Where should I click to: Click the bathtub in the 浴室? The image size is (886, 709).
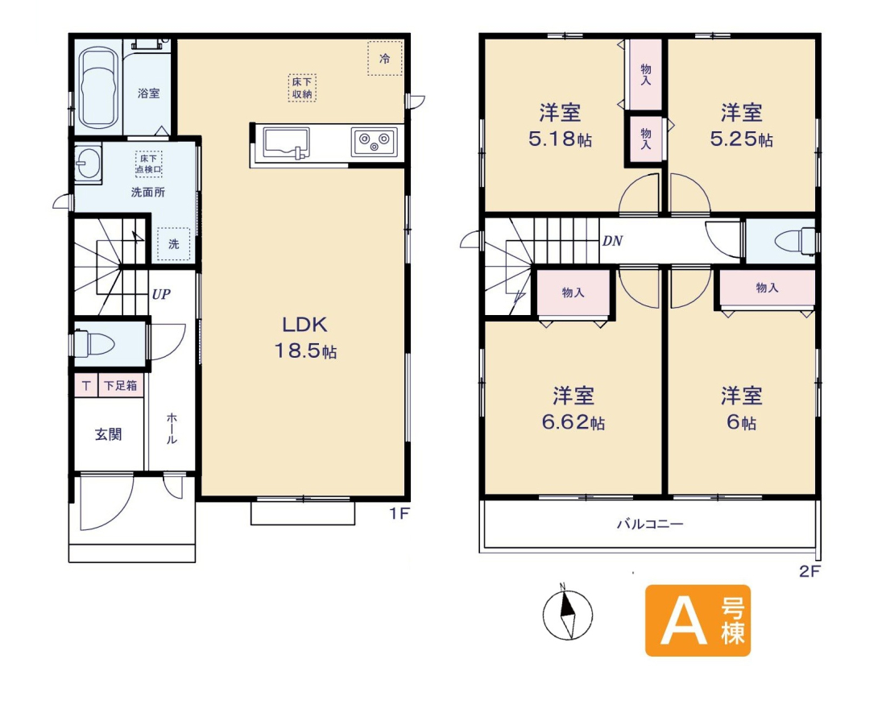[99, 88]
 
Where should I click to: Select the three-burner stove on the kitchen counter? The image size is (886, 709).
[374, 141]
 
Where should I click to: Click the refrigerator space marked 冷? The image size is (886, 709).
[385, 58]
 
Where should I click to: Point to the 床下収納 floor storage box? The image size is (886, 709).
[302, 88]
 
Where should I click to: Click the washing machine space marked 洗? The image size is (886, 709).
[173, 243]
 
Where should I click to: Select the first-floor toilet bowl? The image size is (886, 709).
[95, 343]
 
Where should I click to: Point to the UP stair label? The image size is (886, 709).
[161, 294]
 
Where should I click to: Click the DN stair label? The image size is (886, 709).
[612, 242]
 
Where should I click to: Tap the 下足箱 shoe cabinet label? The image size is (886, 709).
[120, 386]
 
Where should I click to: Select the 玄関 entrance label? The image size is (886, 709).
[108, 434]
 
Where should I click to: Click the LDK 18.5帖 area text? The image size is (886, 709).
[306, 338]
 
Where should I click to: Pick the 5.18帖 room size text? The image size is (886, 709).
[560, 139]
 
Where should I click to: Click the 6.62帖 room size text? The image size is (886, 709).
[573, 422]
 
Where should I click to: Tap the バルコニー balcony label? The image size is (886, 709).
[650, 524]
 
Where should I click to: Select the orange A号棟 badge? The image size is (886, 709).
[698, 621]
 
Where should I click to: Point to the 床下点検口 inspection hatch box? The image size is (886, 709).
[149, 164]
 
